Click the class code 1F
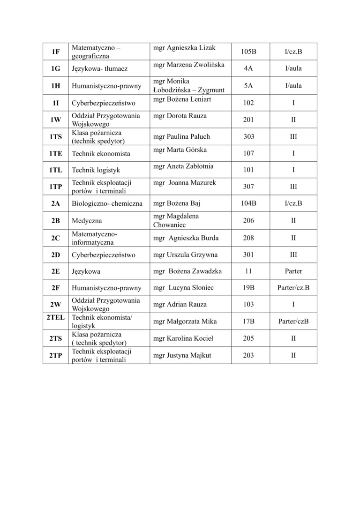[x=56, y=52]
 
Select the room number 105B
[x=248, y=52]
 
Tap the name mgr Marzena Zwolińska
[x=189, y=64]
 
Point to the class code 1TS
[x=56, y=137]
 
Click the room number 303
[x=248, y=137]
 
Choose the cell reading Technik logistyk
[x=95, y=170]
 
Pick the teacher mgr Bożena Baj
[x=177, y=203]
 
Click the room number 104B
[x=248, y=203]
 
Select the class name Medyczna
[x=87, y=220]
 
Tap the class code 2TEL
[x=56, y=317]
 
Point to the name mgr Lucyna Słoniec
[x=183, y=288]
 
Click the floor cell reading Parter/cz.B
[x=293, y=288]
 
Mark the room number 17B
[x=248, y=322]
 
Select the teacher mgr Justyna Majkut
[x=182, y=355]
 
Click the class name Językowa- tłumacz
[x=100, y=69]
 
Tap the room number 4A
[x=248, y=69]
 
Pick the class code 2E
[x=56, y=271]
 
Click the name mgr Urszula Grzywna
[x=186, y=255]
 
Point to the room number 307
[x=248, y=187]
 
